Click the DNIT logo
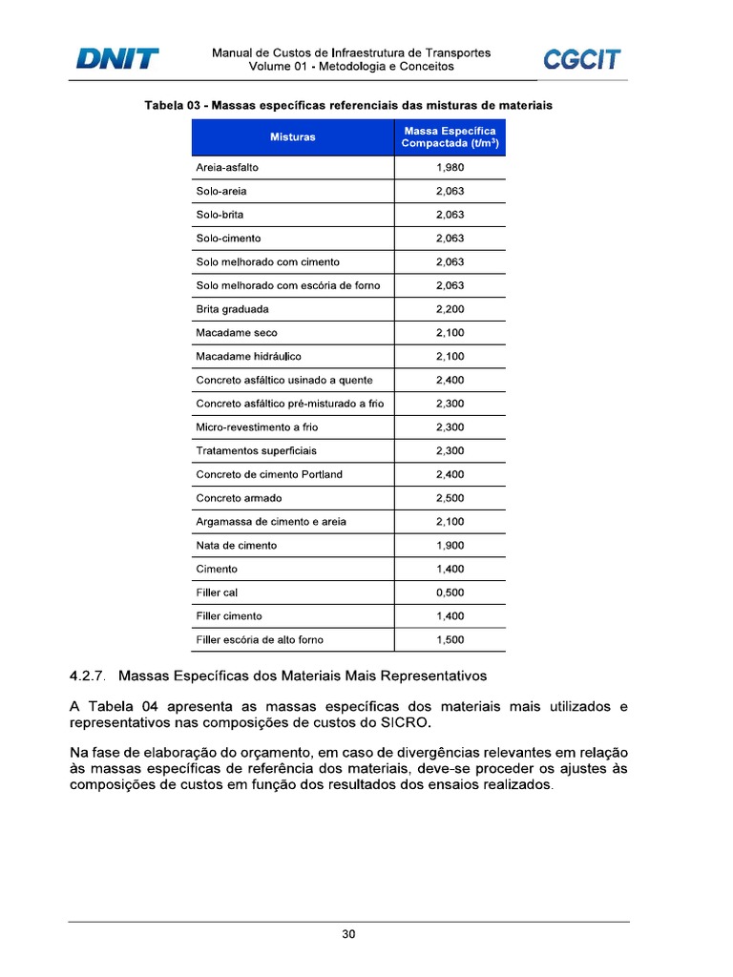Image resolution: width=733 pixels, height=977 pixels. (117, 59)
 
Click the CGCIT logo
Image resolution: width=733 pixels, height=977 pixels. (581, 59)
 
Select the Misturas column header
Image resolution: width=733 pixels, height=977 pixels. (292, 137)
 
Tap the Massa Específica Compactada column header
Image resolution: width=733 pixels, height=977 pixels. (450, 137)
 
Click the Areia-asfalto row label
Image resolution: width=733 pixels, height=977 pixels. (227, 168)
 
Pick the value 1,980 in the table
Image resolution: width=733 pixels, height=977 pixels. (450, 168)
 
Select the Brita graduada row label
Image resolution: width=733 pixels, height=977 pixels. (232, 309)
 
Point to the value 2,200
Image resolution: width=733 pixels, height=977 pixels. (450, 309)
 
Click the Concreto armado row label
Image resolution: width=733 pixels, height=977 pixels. (239, 498)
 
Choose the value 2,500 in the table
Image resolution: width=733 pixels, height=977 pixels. (450, 498)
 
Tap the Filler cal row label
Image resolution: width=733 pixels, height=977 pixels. (217, 592)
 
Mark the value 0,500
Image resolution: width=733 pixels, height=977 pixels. (450, 592)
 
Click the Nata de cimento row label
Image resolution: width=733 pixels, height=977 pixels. (236, 546)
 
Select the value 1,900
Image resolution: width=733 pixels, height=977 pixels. (450, 546)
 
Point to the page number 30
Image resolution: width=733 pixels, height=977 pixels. (349, 935)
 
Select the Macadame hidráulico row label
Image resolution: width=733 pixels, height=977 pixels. (248, 357)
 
